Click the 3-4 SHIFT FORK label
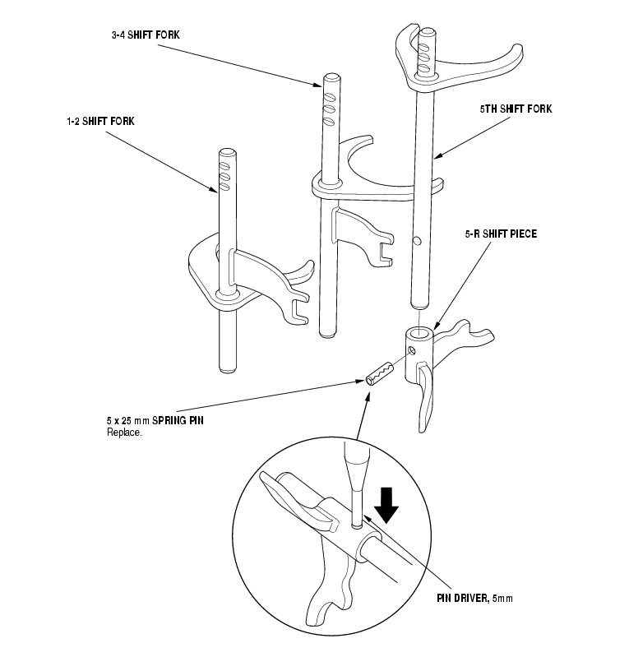coord(146,35)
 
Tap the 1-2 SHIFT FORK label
coord(100,121)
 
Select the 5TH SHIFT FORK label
coord(516,108)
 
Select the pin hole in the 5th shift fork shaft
coord(417,241)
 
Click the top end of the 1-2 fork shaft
coord(227,151)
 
